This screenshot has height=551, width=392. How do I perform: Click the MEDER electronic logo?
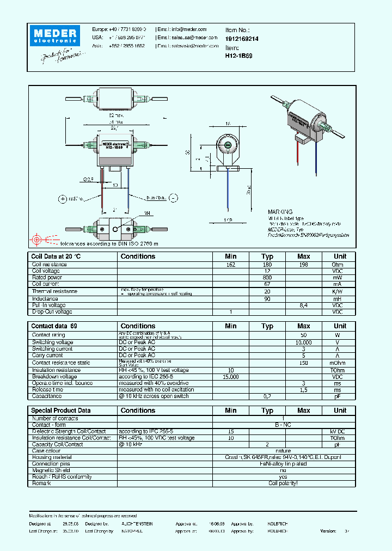tap(56, 35)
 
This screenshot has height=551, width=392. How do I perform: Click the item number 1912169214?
tap(242, 39)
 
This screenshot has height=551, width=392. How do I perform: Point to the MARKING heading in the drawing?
tap(280, 212)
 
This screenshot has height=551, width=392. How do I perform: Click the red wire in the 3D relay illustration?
tap(297, 155)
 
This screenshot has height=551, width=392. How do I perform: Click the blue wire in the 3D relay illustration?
tap(316, 155)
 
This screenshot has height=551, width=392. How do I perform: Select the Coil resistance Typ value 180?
tap(267, 265)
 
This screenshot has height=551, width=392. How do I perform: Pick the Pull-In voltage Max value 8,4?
tap(304, 305)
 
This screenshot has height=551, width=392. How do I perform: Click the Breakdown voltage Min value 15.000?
tap(231, 377)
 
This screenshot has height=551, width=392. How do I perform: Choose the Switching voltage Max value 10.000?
tap(304, 342)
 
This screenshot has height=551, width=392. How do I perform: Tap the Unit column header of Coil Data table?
tap(340, 256)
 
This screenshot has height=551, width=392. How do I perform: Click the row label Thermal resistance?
tap(54, 291)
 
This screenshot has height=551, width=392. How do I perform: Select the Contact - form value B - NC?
tap(283, 425)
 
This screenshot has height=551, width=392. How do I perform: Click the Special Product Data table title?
tap(61, 411)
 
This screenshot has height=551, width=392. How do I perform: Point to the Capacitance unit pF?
tap(338, 396)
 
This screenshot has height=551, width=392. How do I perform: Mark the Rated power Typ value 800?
tap(267, 278)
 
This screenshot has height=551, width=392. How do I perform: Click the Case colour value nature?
tap(283, 451)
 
